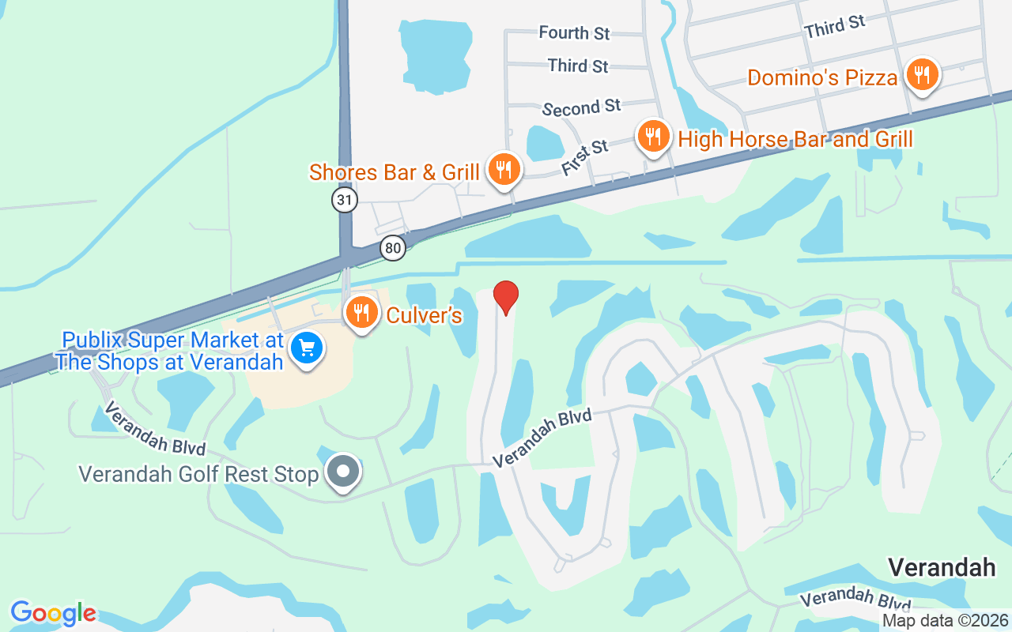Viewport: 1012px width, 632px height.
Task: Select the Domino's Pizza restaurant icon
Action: (x=921, y=76)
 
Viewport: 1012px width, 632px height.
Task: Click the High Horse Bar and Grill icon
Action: (x=653, y=137)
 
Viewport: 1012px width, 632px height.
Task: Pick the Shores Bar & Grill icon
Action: (x=502, y=170)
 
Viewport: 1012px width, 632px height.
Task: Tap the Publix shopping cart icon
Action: (x=306, y=348)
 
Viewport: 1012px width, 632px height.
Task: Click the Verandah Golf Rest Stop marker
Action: (x=344, y=472)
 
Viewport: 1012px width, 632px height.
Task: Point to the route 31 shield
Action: (x=345, y=200)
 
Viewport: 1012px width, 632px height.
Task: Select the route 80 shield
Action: (x=392, y=248)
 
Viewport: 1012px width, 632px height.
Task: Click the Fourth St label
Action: (x=574, y=33)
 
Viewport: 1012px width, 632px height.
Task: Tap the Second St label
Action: (x=581, y=107)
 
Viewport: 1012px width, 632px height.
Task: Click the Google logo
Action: (x=53, y=613)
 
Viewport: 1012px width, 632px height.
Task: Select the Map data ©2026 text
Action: (x=946, y=621)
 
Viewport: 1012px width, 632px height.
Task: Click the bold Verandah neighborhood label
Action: (x=942, y=567)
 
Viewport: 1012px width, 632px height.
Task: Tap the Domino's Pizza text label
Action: (x=822, y=77)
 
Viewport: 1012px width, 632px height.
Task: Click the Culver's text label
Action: (x=424, y=316)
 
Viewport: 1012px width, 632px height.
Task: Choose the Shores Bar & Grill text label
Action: (x=394, y=172)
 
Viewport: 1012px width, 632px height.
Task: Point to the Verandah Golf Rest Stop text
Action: (x=198, y=474)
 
